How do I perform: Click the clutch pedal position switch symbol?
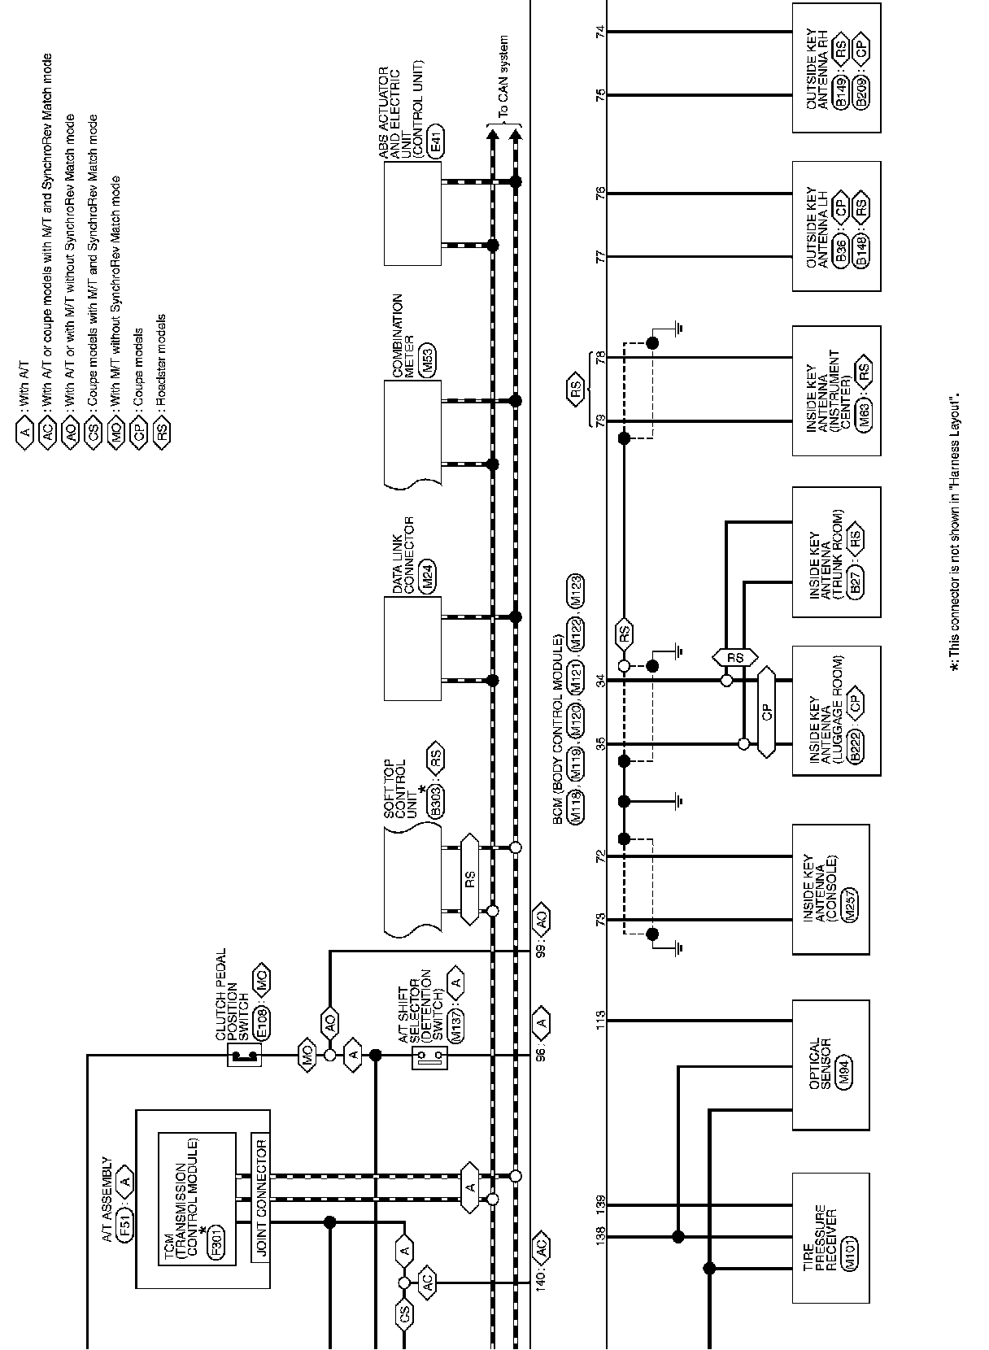(x=243, y=1056)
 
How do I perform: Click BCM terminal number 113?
(x=601, y=1017)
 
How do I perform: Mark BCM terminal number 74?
(x=601, y=32)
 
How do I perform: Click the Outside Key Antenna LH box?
(x=836, y=226)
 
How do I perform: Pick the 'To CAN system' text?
(x=503, y=79)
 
